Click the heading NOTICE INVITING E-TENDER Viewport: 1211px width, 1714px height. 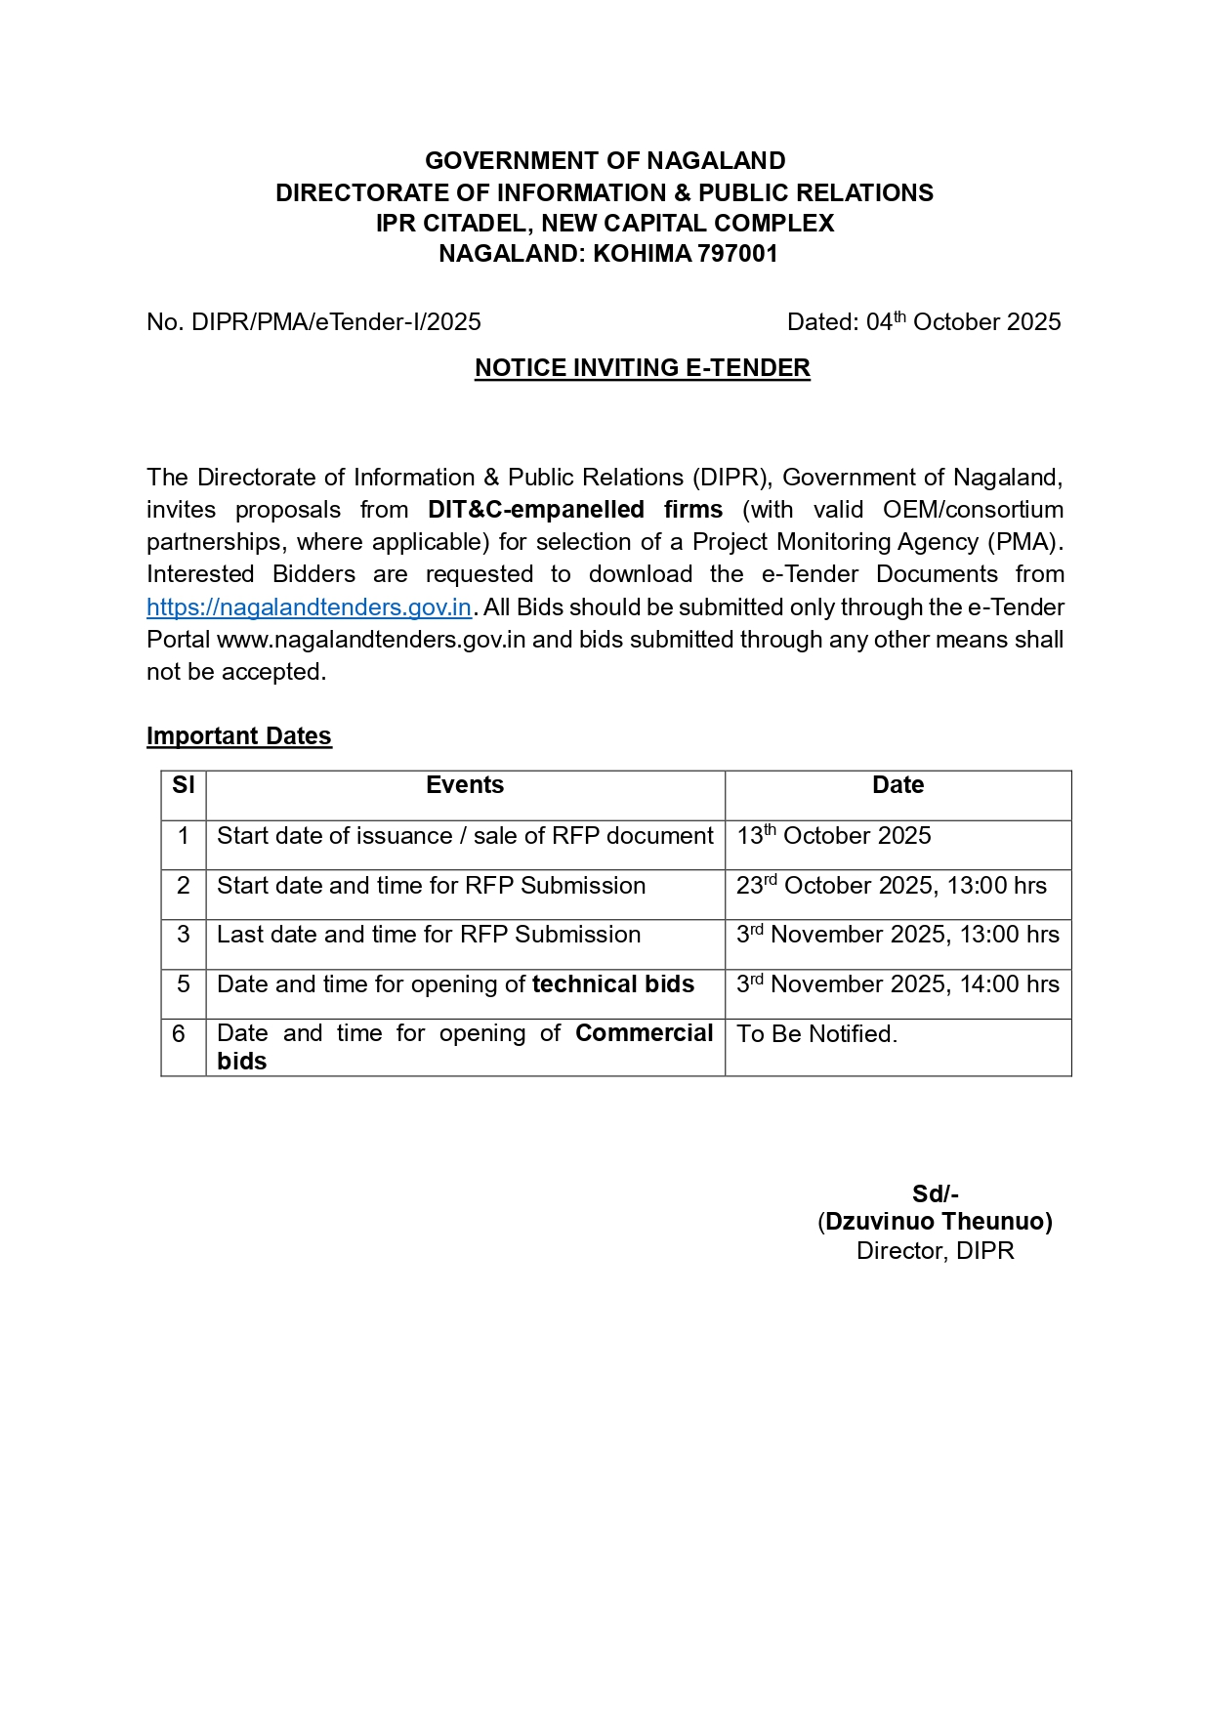coord(642,368)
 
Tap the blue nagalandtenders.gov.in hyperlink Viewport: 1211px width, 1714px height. coord(309,607)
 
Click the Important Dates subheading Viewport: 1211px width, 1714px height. coord(239,736)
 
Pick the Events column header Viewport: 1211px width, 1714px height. coord(465,785)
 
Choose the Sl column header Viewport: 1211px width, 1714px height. coord(184,785)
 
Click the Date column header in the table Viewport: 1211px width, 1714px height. coord(898,785)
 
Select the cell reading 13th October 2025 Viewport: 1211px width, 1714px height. coord(834,836)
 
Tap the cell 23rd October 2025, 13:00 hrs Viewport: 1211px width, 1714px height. coord(891,886)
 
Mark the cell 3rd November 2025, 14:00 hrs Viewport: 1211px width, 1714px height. coord(898,984)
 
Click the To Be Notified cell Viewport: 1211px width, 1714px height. coord(816,1034)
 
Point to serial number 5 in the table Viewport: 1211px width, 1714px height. coord(184,984)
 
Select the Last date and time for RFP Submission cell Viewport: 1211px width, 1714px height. coord(429,935)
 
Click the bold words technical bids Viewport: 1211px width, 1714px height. coord(613,984)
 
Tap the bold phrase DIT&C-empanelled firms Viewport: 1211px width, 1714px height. coord(575,510)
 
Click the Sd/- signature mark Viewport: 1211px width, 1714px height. coord(936,1194)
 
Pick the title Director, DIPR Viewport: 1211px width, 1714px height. coord(936,1251)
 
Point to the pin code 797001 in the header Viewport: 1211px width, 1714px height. coord(737,254)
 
